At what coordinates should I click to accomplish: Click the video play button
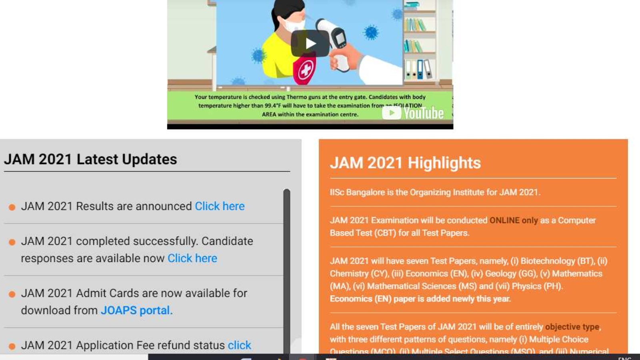[x=310, y=43]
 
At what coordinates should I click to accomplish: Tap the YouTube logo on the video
[x=413, y=113]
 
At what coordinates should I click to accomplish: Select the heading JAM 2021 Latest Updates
[x=90, y=159]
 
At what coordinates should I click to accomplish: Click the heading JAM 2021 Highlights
[x=405, y=163]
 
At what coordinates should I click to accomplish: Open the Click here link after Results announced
[x=220, y=206]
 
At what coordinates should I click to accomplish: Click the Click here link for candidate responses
[x=192, y=258]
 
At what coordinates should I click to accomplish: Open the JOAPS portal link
[x=135, y=310]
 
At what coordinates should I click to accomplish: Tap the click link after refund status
[x=239, y=345]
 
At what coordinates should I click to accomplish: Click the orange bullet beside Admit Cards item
[x=12, y=294]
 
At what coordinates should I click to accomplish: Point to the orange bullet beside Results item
[x=12, y=207]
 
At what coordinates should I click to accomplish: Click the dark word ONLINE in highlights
[x=504, y=220]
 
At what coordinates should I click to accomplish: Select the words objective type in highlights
[x=572, y=327]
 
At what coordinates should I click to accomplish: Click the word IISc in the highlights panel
[x=337, y=192]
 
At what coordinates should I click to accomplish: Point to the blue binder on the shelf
[x=419, y=69]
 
